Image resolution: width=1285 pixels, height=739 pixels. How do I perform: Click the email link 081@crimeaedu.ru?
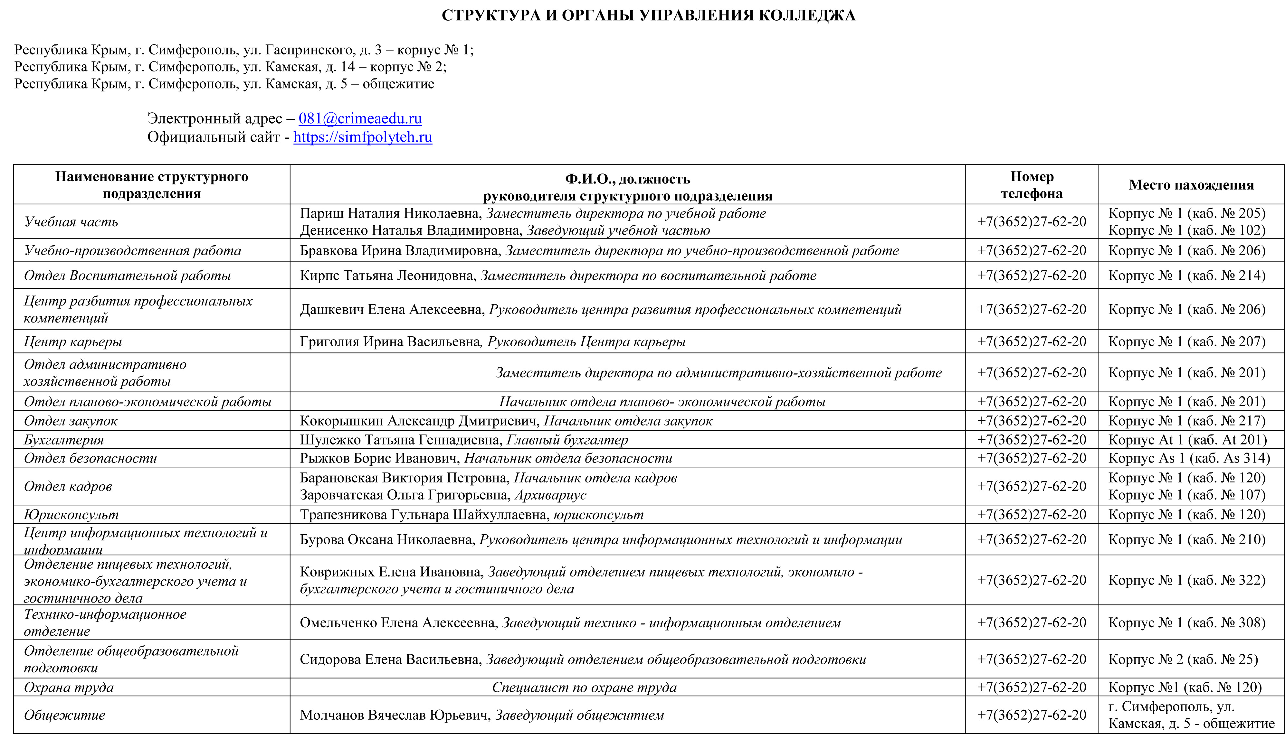click(x=360, y=118)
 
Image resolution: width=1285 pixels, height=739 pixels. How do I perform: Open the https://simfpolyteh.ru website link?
click(x=363, y=137)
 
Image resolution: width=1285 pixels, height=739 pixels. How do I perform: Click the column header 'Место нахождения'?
click(x=1191, y=185)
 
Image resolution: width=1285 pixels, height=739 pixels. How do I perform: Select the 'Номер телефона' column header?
click(x=1032, y=185)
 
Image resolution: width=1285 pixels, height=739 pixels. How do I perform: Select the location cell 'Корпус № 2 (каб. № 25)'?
click(x=1183, y=659)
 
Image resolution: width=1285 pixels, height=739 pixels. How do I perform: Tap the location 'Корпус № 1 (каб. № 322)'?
click(x=1186, y=580)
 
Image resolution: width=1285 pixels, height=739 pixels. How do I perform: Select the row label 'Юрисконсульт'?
click(x=71, y=515)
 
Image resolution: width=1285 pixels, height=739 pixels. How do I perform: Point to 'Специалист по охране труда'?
click(x=584, y=687)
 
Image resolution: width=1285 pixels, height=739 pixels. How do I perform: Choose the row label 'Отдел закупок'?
click(x=71, y=421)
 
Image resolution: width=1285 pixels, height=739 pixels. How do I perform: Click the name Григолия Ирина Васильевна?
click(x=389, y=341)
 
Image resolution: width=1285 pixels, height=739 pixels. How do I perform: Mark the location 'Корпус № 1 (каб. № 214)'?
click(x=1186, y=276)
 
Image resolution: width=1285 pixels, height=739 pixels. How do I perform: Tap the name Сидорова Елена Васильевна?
click(x=389, y=659)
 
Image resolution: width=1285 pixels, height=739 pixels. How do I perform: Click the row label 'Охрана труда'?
click(x=69, y=687)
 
